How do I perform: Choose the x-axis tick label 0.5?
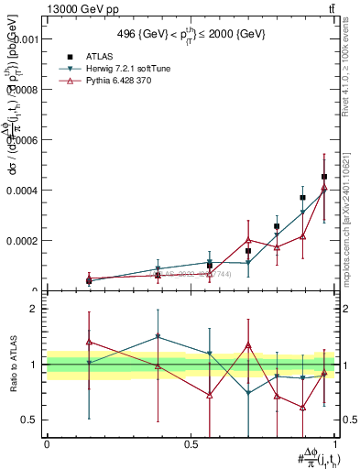[191, 443]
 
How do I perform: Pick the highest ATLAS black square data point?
[324, 177]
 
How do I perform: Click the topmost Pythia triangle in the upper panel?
[324, 188]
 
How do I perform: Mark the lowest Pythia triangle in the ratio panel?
[302, 407]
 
